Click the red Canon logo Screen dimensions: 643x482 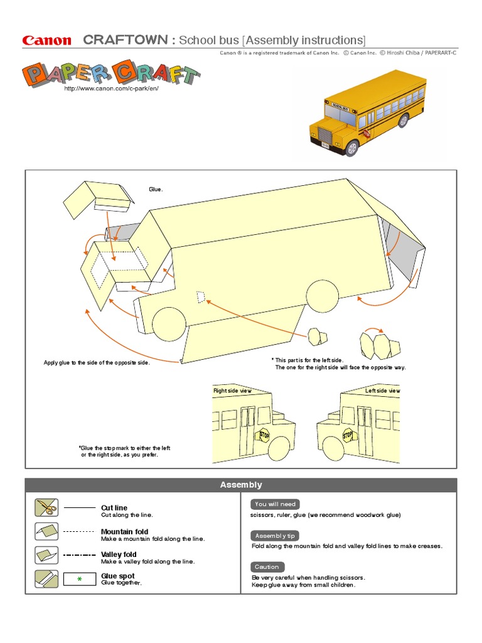click(47, 41)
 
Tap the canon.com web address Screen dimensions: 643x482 click(111, 89)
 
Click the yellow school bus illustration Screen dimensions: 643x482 click(367, 117)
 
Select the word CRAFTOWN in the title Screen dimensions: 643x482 click(125, 40)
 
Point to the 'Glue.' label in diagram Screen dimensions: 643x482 click(156, 190)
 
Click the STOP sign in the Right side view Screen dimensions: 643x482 click(264, 435)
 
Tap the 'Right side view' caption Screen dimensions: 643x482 click(232, 391)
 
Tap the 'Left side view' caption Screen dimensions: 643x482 click(382, 391)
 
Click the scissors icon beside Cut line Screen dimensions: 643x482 click(46, 507)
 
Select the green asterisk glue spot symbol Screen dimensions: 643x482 click(79, 579)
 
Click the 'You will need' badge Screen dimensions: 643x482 click(276, 504)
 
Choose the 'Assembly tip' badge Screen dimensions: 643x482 click(276, 536)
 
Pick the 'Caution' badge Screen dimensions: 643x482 click(267, 566)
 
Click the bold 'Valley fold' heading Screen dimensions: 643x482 click(119, 554)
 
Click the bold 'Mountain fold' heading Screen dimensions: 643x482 click(124, 532)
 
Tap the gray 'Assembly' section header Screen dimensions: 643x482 click(241, 485)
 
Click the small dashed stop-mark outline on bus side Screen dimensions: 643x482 click(200, 296)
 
